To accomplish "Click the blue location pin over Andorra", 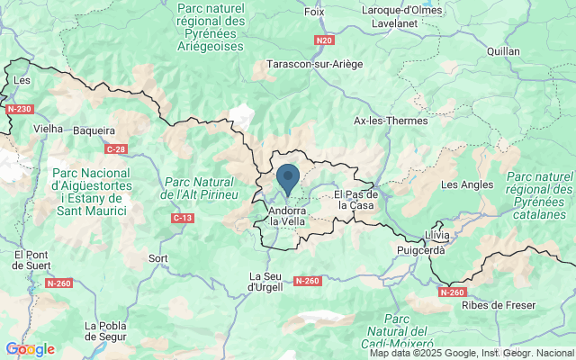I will click(288, 178).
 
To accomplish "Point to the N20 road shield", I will click(325, 40).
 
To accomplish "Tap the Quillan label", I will click(503, 51).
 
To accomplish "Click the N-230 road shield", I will click(18, 110).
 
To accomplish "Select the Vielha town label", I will click(48, 129).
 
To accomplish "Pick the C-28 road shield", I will click(115, 148).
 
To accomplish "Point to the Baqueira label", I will click(94, 130).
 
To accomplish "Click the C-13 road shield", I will click(183, 218).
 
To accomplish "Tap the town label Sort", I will click(158, 258).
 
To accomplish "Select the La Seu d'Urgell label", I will click(265, 281).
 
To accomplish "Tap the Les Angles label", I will click(467, 184).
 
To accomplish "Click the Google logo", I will click(30, 349).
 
